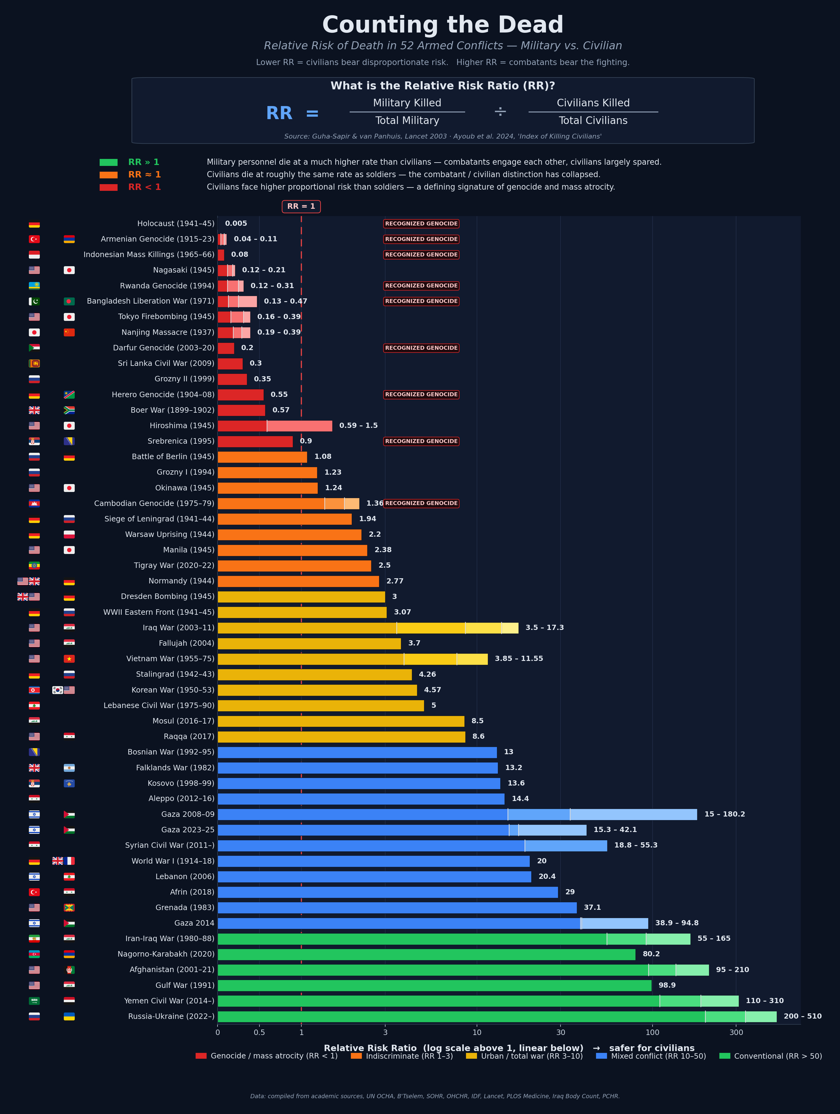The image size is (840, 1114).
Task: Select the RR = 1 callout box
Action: click(x=301, y=207)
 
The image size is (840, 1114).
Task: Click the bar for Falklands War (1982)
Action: click(x=358, y=768)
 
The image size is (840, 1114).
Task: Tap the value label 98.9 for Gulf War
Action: click(x=667, y=985)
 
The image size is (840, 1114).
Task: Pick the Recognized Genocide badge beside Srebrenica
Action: click(x=421, y=441)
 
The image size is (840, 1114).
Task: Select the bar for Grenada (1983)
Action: click(x=397, y=907)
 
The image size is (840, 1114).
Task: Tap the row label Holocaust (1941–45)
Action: click(x=176, y=224)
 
